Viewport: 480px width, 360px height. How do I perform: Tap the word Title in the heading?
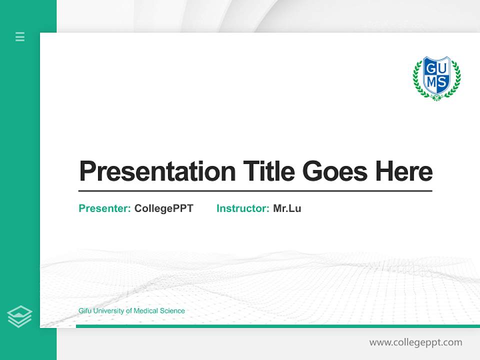click(269, 171)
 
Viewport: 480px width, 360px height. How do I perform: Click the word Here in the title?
click(403, 171)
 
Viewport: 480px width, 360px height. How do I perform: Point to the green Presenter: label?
click(104, 208)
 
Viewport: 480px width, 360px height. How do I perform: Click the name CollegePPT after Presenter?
click(163, 208)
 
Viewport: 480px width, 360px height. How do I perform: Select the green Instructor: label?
click(242, 208)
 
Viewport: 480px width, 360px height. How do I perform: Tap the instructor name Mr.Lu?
click(287, 208)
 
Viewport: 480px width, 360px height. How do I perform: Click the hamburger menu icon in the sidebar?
click(20, 36)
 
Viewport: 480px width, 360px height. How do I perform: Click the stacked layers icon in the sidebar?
click(19, 316)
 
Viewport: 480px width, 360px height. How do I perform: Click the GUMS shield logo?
click(436, 77)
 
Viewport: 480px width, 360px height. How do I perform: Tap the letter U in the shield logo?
click(443, 69)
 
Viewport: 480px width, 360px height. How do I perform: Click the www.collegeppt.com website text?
click(415, 342)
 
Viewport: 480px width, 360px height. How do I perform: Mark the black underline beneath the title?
click(255, 190)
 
